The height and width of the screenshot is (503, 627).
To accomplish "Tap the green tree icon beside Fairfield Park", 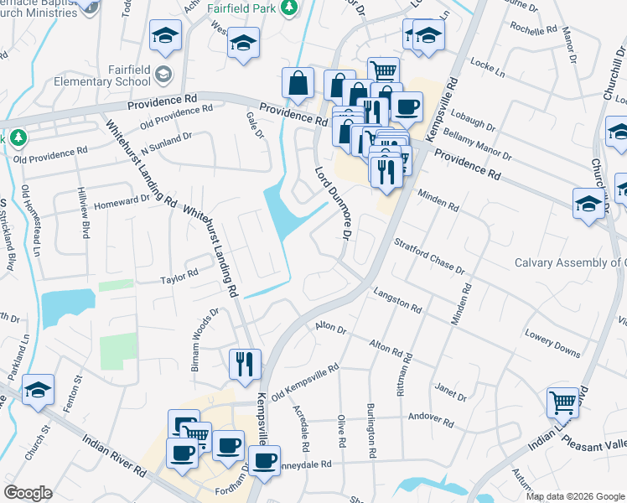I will click(289, 7).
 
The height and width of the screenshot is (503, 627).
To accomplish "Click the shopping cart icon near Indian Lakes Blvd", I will click(563, 402).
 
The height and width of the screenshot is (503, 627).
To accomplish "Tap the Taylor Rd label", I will click(179, 275).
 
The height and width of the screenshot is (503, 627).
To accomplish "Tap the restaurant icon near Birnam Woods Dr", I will click(245, 364).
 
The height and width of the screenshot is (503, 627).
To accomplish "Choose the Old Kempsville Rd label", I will click(303, 380).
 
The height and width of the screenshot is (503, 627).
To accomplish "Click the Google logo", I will click(28, 492).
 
